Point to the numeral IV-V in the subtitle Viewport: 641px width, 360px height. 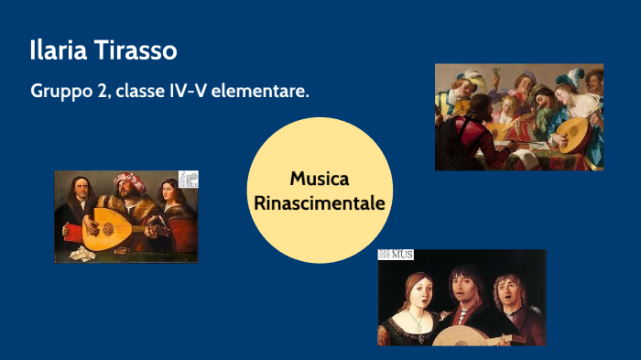(182, 93)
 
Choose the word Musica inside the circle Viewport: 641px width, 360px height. (320, 179)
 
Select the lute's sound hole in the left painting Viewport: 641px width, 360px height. (103, 228)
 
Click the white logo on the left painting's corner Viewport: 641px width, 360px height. (188, 180)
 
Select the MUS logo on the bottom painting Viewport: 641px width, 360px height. (396, 255)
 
